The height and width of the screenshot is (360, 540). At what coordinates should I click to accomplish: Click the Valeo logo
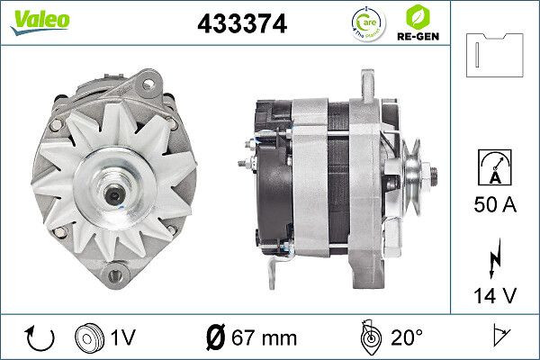[33, 19]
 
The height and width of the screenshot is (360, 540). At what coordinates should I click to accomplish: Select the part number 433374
[241, 25]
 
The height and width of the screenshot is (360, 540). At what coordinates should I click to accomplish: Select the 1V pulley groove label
[124, 338]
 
